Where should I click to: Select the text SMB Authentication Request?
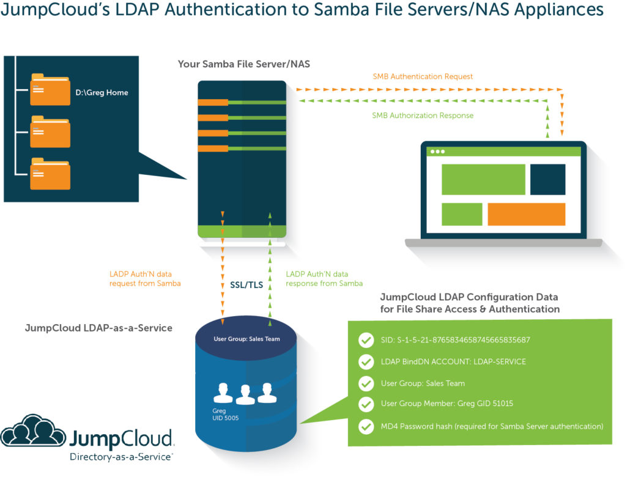423,76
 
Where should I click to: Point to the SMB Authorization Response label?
423,115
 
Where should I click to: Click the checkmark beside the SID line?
366,340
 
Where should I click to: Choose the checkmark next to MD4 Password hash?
366,426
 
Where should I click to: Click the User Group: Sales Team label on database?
246,339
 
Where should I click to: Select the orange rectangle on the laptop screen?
526,214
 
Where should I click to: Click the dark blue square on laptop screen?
547,179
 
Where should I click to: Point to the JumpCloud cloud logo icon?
33,431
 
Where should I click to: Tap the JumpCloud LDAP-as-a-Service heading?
98,328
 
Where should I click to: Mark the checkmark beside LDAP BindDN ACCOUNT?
366,361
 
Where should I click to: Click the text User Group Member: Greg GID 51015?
447,404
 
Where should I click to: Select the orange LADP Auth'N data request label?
145,279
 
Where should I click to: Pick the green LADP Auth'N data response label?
324,279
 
